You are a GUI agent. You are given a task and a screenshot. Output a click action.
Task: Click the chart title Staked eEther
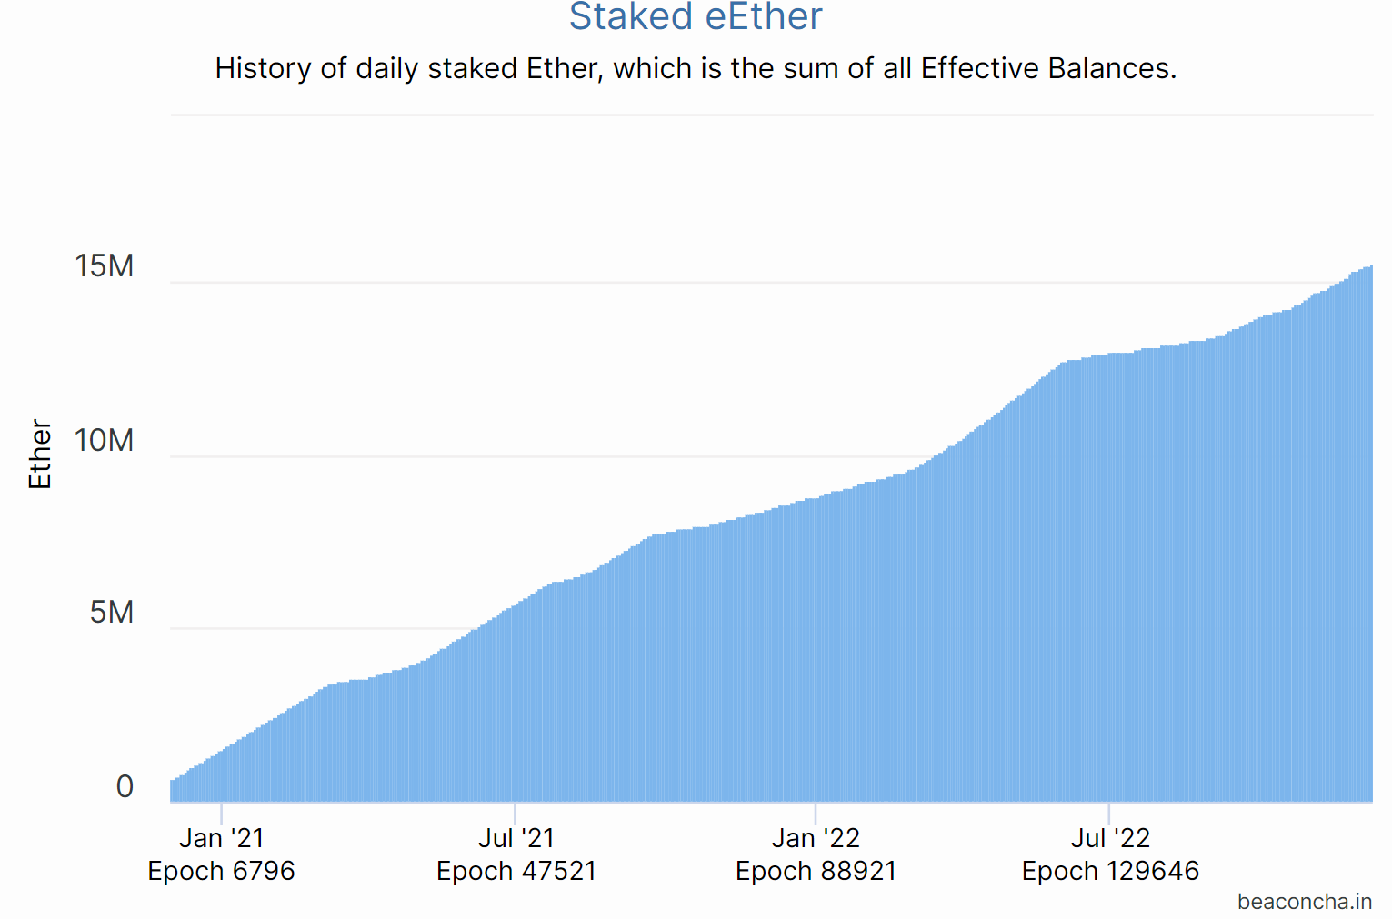click(x=696, y=17)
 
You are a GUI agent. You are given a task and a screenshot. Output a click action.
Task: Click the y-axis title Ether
click(x=41, y=454)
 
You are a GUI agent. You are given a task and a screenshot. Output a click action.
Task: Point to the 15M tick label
click(x=105, y=266)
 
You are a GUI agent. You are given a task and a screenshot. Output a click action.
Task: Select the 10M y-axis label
click(x=105, y=441)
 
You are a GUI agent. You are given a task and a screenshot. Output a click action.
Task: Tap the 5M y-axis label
click(x=112, y=613)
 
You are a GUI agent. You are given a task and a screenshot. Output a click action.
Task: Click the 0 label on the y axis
click(x=125, y=786)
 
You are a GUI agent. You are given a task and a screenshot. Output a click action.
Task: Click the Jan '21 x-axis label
click(x=221, y=838)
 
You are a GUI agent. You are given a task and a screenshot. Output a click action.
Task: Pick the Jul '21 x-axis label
click(x=516, y=838)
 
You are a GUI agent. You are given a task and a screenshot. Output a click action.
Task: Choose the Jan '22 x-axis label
click(x=816, y=838)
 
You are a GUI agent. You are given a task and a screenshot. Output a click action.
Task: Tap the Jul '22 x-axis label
click(x=1110, y=838)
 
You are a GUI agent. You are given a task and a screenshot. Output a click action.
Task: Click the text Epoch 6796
click(x=221, y=871)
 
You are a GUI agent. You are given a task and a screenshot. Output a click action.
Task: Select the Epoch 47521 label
click(x=516, y=871)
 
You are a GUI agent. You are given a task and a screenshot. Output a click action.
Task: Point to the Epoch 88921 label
click(x=816, y=871)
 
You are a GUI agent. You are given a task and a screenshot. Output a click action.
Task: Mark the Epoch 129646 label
click(x=1110, y=871)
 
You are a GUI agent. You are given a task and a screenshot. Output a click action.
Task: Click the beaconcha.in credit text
click(x=1305, y=902)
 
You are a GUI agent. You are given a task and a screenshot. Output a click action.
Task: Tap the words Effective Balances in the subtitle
click(x=1048, y=68)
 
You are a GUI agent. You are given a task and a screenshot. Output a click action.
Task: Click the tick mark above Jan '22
click(x=816, y=813)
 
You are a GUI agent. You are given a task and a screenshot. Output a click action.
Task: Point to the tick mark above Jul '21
click(x=515, y=813)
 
